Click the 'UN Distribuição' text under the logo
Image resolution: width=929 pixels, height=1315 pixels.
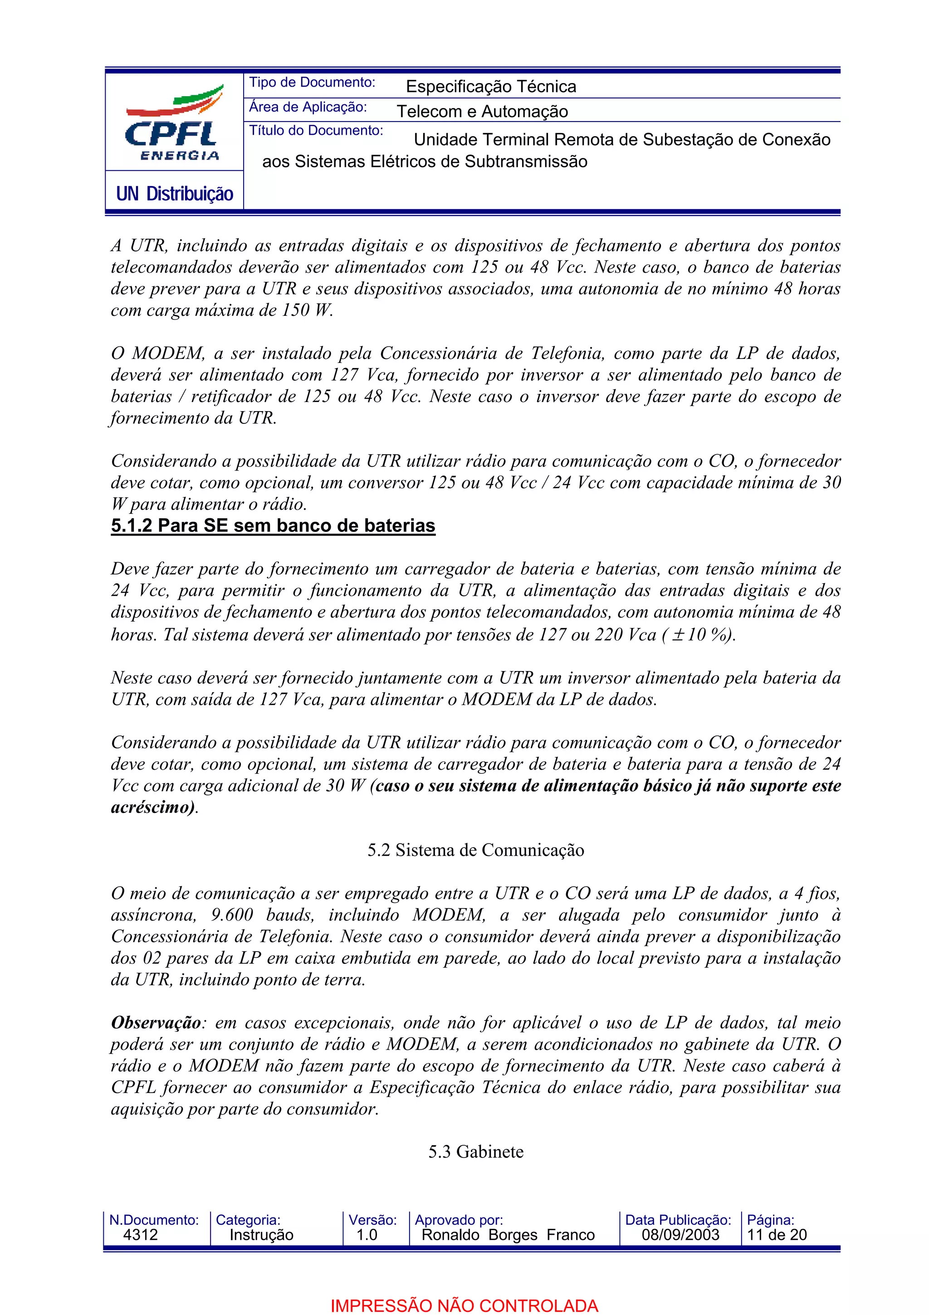point(175,194)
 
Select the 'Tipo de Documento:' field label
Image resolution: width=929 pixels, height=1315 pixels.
point(312,83)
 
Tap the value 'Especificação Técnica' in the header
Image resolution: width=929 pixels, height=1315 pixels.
point(490,87)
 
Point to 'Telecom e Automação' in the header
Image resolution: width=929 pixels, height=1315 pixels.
point(482,111)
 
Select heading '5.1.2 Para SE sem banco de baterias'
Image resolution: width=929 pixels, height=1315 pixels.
point(273,526)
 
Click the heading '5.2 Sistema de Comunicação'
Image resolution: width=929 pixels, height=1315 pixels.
point(476,850)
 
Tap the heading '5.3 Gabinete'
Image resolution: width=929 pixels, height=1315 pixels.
point(476,1151)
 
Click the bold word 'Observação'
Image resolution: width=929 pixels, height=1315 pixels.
point(156,1022)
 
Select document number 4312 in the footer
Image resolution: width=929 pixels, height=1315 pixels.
point(140,1235)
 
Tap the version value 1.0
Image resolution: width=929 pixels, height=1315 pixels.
point(367,1235)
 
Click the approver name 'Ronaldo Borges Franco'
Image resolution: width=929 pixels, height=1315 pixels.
point(508,1235)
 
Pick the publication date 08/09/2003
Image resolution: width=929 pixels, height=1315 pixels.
point(680,1235)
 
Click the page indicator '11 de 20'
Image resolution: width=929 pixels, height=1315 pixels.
point(777,1235)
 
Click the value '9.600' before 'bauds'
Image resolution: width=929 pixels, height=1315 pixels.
point(232,915)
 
